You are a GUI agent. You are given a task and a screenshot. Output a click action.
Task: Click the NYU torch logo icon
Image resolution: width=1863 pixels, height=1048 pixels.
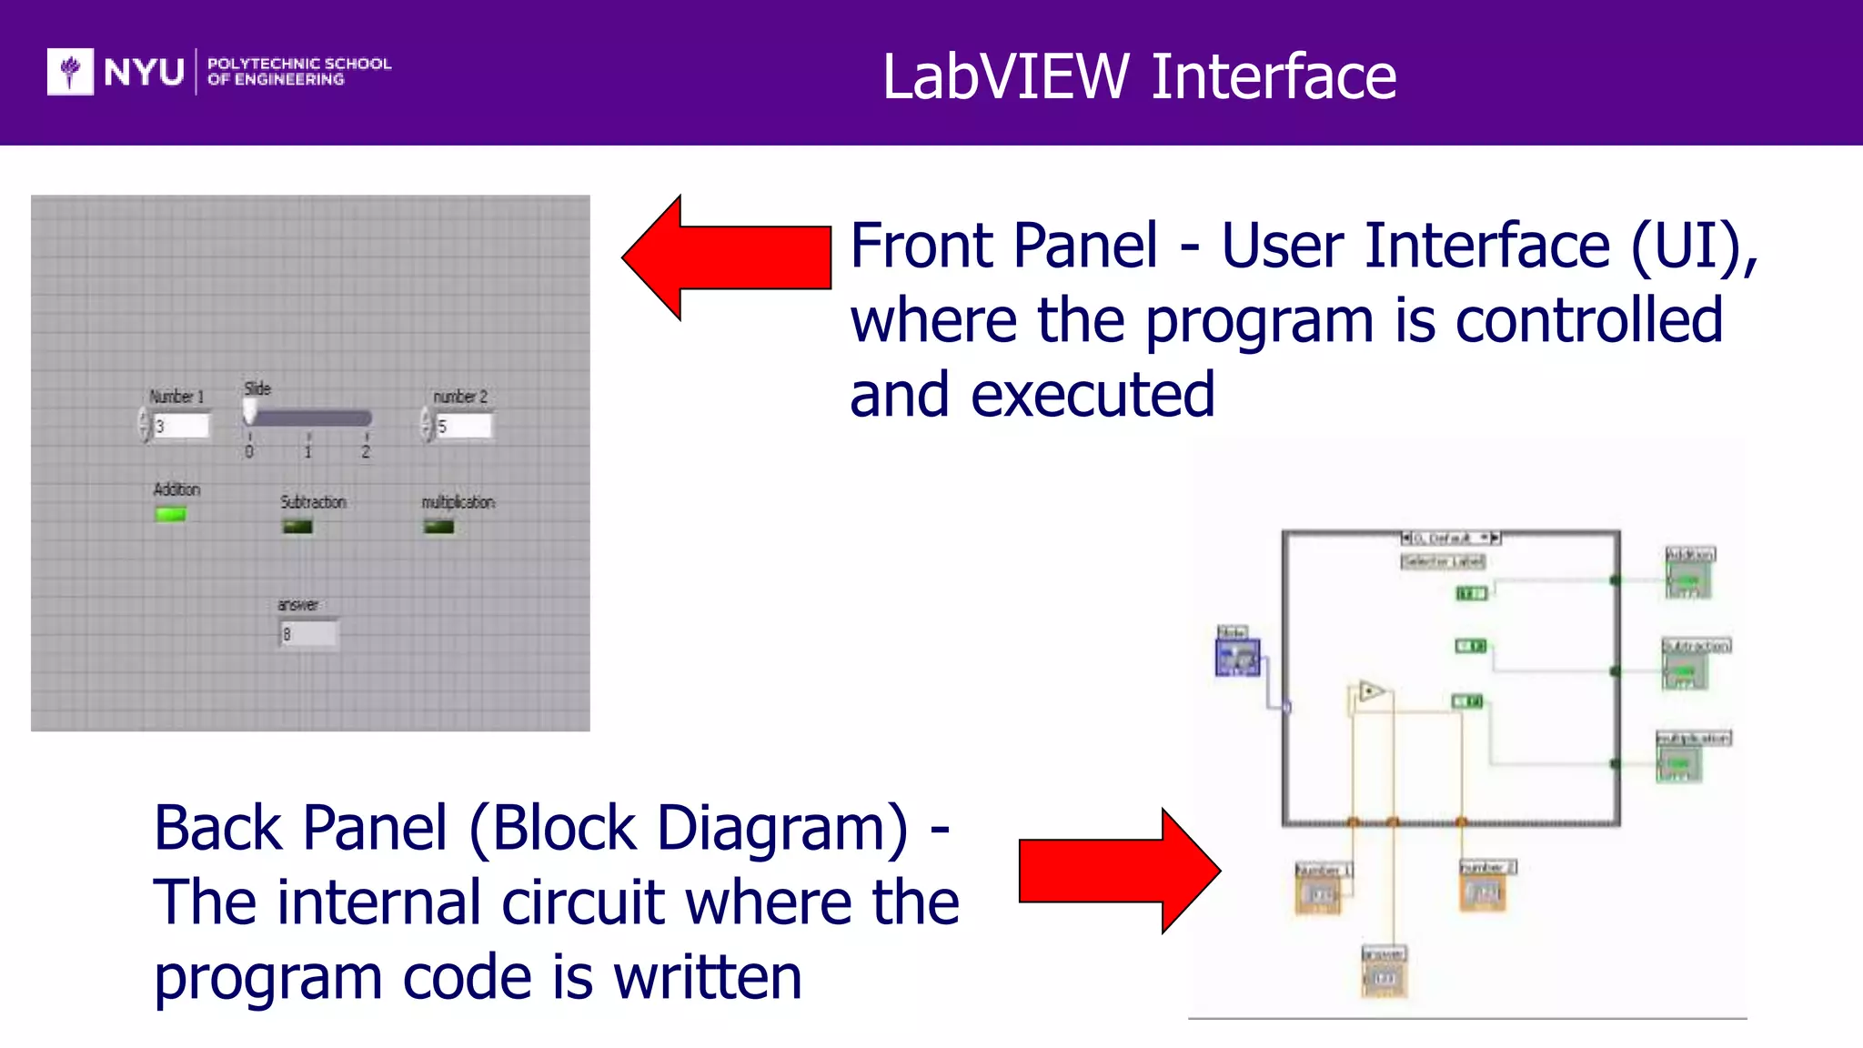[x=70, y=72]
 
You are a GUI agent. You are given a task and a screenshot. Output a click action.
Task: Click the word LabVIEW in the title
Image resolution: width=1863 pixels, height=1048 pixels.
[x=1005, y=76]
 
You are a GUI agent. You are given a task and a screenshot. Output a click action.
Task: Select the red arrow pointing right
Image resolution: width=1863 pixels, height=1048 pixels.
[x=1119, y=871]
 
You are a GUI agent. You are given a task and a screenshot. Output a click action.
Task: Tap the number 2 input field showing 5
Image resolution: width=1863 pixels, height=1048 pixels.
[x=463, y=426]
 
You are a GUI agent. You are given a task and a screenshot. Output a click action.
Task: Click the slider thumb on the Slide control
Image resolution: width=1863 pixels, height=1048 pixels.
[x=249, y=414]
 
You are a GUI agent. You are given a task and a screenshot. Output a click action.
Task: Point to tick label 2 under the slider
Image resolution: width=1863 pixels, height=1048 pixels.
[x=366, y=452]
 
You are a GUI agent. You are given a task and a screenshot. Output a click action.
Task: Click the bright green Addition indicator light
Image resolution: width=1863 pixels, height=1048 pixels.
[x=170, y=515]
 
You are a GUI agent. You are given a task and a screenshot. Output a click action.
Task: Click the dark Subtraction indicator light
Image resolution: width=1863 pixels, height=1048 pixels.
[x=297, y=527]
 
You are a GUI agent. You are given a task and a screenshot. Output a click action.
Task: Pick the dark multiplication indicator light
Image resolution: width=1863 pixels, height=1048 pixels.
[x=438, y=527]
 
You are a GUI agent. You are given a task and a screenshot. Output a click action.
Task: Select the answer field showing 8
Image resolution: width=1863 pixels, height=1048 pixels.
[x=308, y=634]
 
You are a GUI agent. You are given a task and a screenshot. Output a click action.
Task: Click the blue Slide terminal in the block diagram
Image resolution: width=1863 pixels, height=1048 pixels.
[x=1237, y=657]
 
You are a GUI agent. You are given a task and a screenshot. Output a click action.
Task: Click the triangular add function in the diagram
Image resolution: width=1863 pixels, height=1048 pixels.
[x=1370, y=692]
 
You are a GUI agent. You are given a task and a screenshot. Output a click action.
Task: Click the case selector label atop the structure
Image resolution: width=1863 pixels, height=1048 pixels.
[x=1450, y=538]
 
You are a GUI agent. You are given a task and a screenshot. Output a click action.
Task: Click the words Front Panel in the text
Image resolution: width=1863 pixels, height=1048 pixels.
[x=1003, y=246]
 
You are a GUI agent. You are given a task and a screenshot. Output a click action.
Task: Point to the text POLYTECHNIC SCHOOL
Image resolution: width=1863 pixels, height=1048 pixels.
[x=298, y=64]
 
